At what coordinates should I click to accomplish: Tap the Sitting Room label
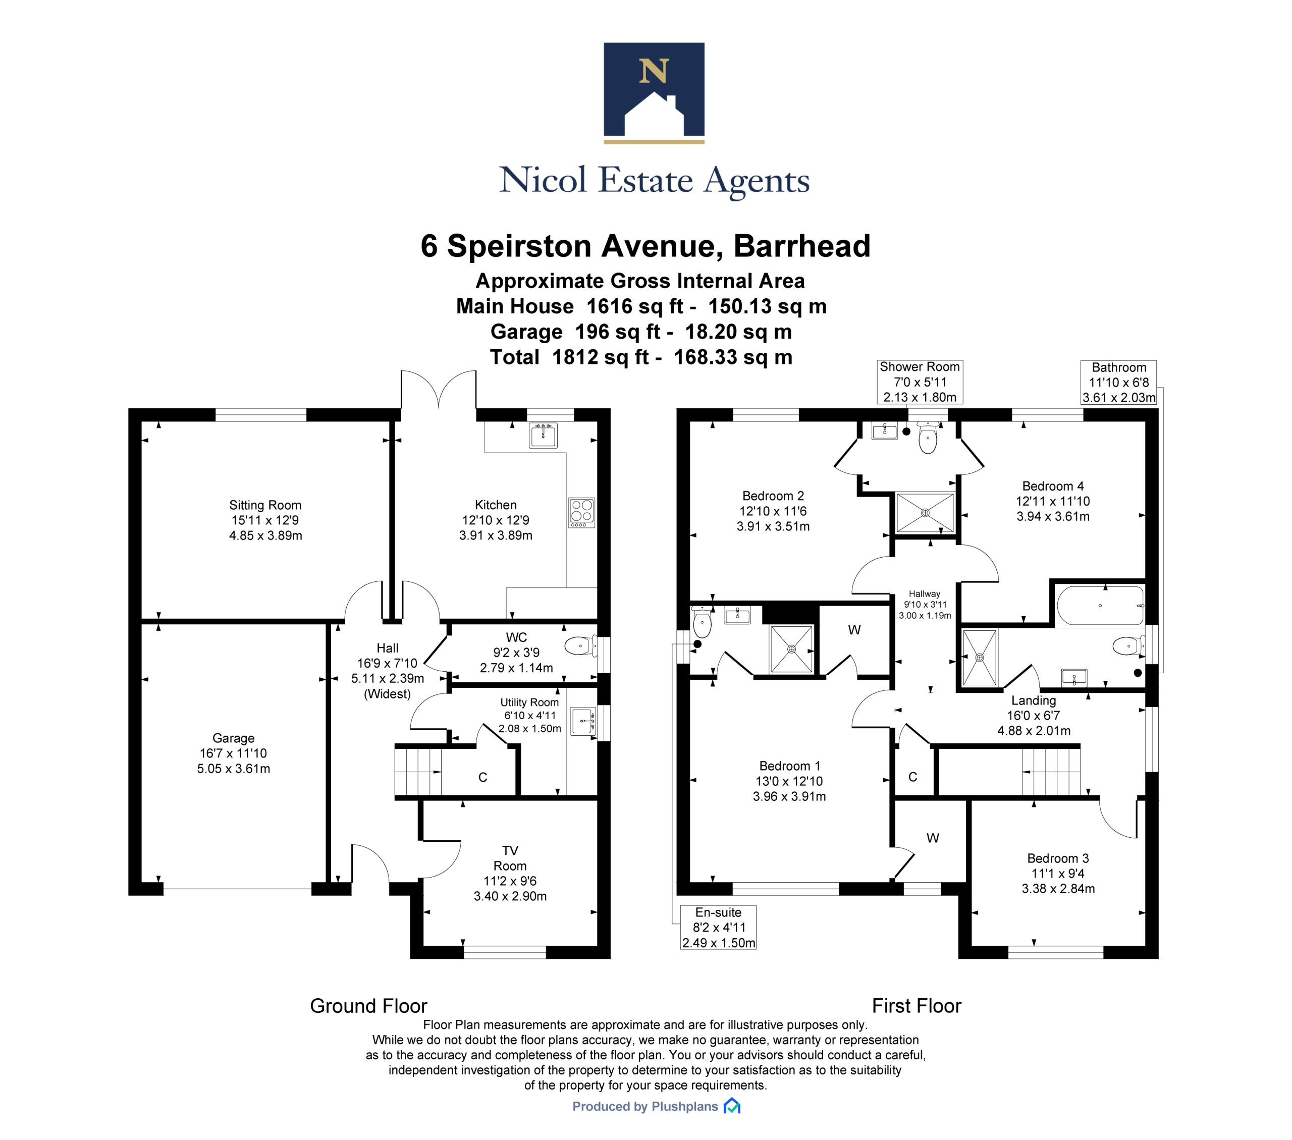coord(265,505)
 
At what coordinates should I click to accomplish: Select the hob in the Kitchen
coord(581,513)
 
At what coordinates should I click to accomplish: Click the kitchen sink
coord(544,435)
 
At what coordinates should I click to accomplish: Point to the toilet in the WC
coord(581,646)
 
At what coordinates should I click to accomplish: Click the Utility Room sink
coord(583,722)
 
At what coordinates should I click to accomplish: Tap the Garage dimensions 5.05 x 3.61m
coord(233,769)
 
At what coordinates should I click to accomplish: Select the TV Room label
coord(510,858)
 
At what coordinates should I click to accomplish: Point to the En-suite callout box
coord(718,928)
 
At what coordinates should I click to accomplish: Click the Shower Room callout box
coord(920,382)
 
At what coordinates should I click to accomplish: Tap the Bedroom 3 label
coord(1058,858)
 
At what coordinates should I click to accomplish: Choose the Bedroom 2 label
coord(773,496)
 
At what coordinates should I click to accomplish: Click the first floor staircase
coord(1051,772)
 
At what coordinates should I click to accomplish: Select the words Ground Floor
coord(368,1006)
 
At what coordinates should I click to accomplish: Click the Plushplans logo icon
coord(732,1106)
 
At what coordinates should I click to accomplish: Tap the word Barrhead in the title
coord(801,246)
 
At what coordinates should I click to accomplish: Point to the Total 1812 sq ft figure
coord(641,357)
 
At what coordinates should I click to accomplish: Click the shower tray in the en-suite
coord(791,649)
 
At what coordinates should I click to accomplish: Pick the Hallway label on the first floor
coord(924,594)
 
